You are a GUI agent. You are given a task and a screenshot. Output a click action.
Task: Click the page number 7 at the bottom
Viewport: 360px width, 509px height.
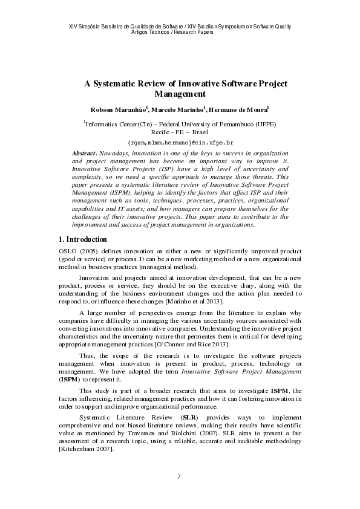179,478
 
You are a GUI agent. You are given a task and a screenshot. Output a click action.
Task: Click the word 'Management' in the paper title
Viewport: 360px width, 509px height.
180,94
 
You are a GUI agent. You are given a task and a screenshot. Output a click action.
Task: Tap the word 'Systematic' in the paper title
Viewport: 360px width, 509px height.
122,83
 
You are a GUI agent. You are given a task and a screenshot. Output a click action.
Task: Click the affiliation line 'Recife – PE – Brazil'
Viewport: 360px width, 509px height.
180,131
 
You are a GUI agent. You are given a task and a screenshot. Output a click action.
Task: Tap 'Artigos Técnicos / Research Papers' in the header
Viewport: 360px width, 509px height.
179,31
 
